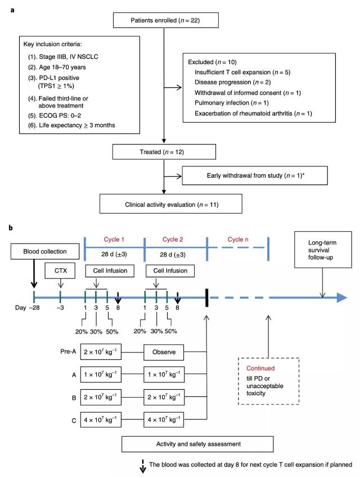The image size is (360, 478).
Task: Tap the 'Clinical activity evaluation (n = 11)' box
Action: coord(164,202)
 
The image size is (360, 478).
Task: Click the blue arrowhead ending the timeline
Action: coord(340,297)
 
